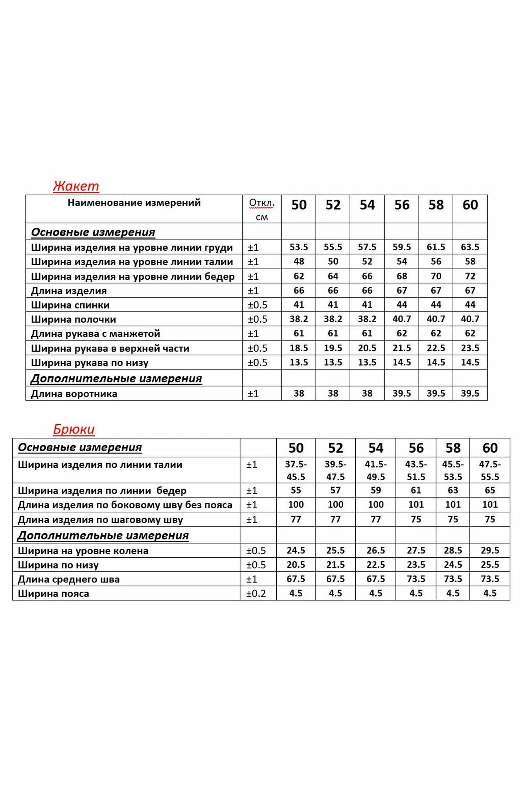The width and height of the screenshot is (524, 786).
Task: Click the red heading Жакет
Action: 76,186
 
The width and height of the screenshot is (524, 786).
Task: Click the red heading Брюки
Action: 74,429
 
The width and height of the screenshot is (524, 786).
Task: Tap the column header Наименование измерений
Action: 134,203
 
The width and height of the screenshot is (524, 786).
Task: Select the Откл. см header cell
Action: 262,209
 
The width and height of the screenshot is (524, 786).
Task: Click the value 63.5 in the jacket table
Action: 470,247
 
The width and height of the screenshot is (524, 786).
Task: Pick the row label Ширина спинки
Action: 70,305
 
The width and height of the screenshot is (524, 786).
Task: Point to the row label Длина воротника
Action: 74,394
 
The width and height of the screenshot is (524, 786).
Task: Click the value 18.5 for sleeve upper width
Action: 299,348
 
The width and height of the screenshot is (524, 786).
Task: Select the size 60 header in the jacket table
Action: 470,205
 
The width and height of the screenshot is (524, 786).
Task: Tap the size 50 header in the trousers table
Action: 296,448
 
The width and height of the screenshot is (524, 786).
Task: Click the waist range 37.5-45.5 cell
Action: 296,470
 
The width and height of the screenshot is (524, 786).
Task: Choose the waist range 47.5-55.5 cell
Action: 490,470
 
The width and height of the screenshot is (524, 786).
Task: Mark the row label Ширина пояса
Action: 53,593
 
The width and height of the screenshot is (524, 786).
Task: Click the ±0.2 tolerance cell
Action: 256,593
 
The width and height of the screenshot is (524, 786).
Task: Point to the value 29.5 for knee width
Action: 490,551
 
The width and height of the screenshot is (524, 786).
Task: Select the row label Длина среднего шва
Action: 69,579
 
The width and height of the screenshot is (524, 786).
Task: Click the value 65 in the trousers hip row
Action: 490,490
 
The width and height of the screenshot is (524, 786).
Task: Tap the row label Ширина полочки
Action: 74,320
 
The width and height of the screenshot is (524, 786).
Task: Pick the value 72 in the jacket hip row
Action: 470,276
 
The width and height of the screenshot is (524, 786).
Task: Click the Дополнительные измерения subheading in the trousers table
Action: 103,536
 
